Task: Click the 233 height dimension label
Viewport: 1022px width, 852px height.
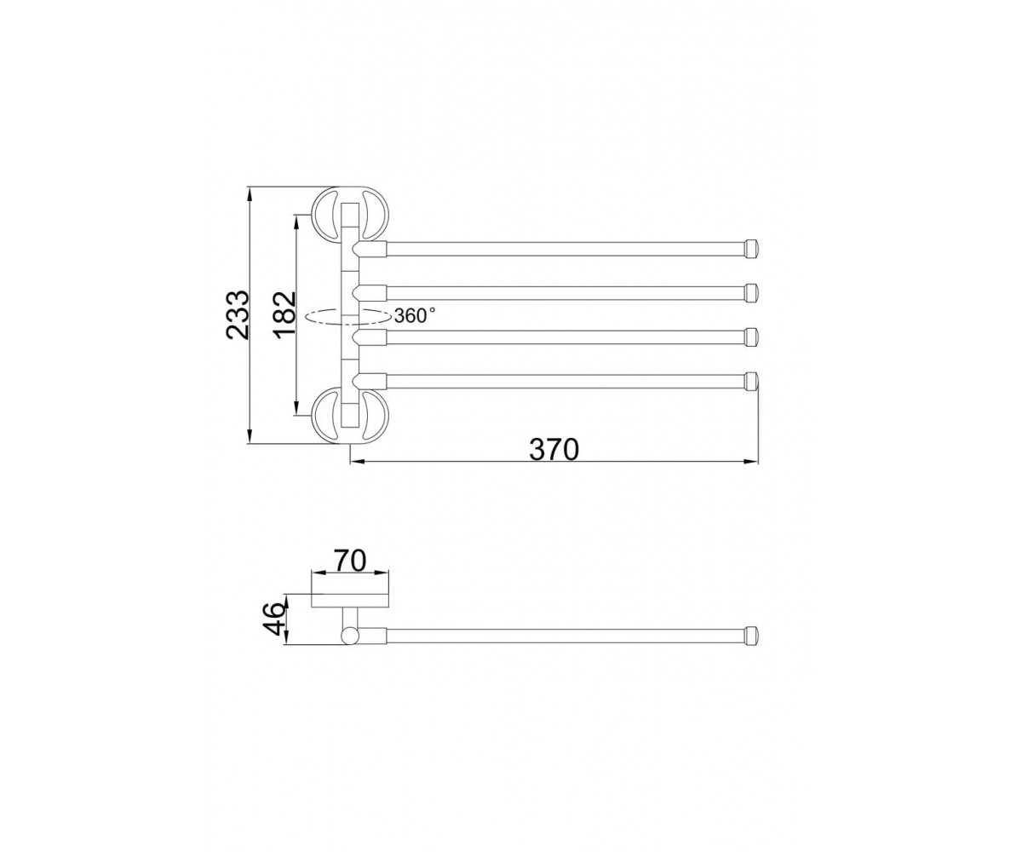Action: (x=238, y=314)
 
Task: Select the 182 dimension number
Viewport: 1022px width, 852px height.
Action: (x=284, y=315)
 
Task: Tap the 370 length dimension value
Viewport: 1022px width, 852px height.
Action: (x=554, y=449)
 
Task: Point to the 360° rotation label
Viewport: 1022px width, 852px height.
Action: (x=414, y=316)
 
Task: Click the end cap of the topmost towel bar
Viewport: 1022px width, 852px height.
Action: (x=751, y=249)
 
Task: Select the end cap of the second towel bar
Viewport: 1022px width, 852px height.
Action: (x=751, y=292)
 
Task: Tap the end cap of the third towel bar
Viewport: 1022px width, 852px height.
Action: (x=751, y=337)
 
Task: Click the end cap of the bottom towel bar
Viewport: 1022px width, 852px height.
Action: (x=751, y=381)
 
